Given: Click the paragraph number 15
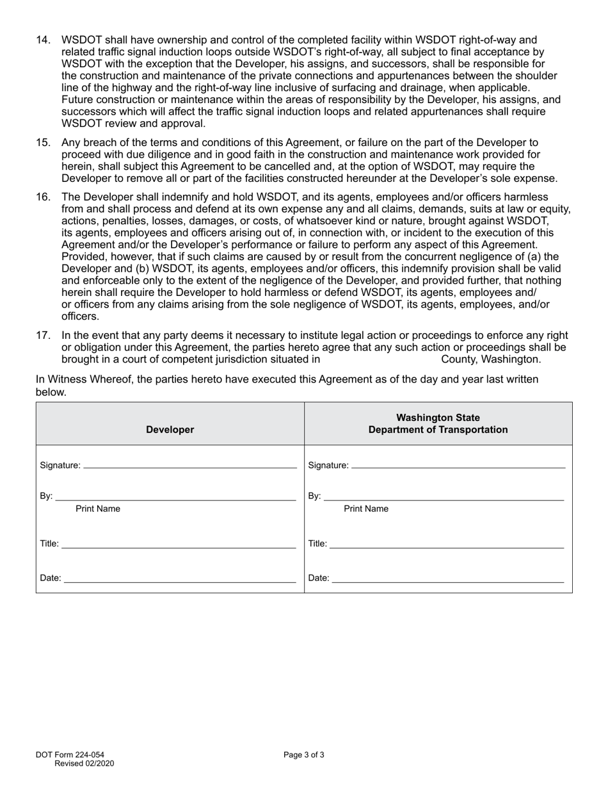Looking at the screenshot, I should pos(43,143).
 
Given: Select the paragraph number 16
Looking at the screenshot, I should pos(43,197).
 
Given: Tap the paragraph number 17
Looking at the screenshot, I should pos(43,335).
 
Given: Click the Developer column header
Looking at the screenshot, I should pos(170,430).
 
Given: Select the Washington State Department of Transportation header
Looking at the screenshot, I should pos(438,423).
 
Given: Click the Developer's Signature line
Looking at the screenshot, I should pos(190,465).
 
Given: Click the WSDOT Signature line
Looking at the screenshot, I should pos(458,465).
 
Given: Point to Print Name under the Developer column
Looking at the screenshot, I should pos(98,509).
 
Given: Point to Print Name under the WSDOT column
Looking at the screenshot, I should pos(366,509).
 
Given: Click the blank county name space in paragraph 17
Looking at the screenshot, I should pos(380,359).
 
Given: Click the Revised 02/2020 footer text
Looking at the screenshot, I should pos(84,763).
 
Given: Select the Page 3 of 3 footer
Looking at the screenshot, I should pos(304,755).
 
